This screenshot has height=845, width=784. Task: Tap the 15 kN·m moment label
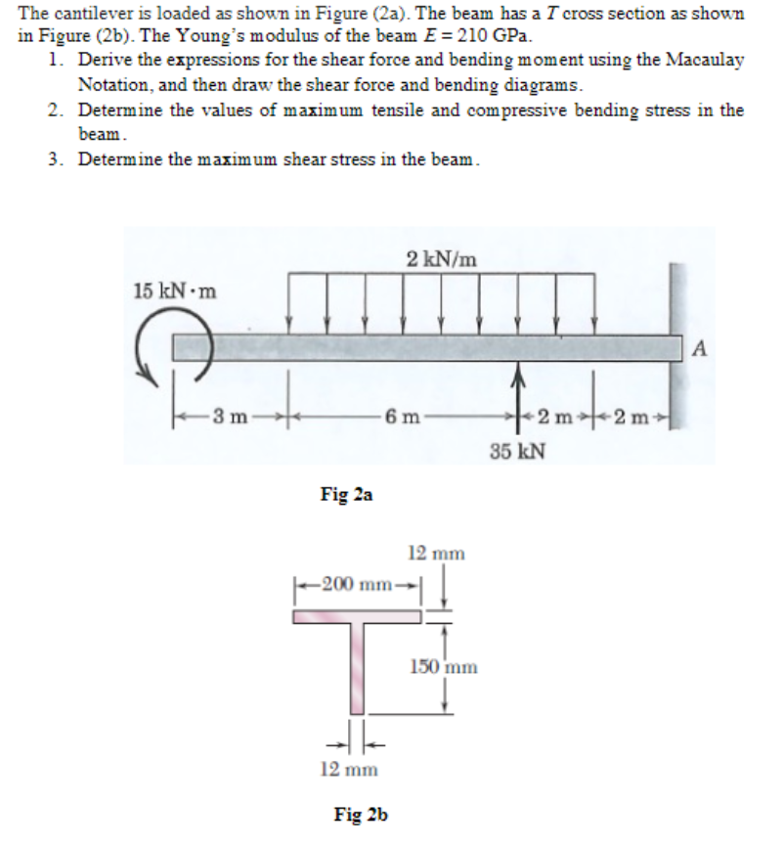175,291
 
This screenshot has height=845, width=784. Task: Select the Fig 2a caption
346,496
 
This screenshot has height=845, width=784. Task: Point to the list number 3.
55,159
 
